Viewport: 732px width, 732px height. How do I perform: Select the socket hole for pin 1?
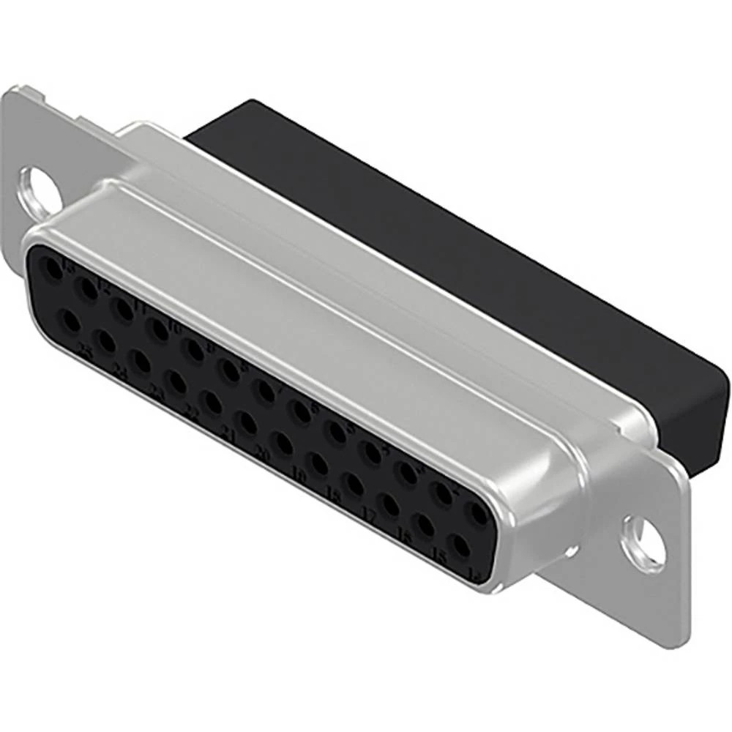pyautogui.click(x=479, y=515)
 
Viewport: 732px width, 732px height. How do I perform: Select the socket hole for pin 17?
pyautogui.click(x=354, y=484)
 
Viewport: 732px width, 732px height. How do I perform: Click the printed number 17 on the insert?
pyautogui.click(x=370, y=518)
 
